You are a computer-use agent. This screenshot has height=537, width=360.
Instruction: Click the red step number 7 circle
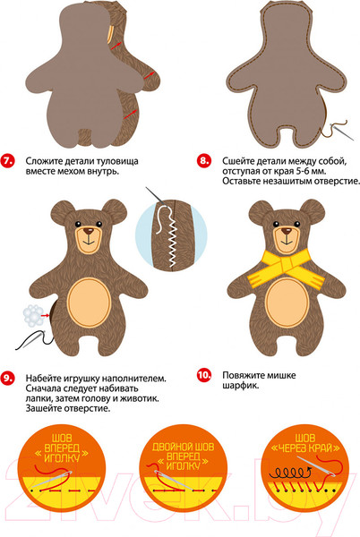(7, 161)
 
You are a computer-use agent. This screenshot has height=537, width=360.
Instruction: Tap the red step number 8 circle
(204, 160)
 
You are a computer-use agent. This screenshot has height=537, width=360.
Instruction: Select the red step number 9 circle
(7, 378)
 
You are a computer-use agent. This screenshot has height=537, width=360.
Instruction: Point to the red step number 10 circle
(204, 375)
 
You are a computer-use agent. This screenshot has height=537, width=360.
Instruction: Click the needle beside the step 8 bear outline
(342, 132)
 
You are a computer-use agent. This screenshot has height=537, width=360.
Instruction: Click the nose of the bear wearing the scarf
(286, 231)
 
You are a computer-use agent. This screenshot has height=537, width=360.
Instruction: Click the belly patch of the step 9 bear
(89, 301)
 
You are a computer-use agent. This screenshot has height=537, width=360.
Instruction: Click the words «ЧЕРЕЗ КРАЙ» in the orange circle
(304, 447)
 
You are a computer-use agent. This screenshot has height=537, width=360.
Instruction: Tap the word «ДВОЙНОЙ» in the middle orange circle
(169, 447)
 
